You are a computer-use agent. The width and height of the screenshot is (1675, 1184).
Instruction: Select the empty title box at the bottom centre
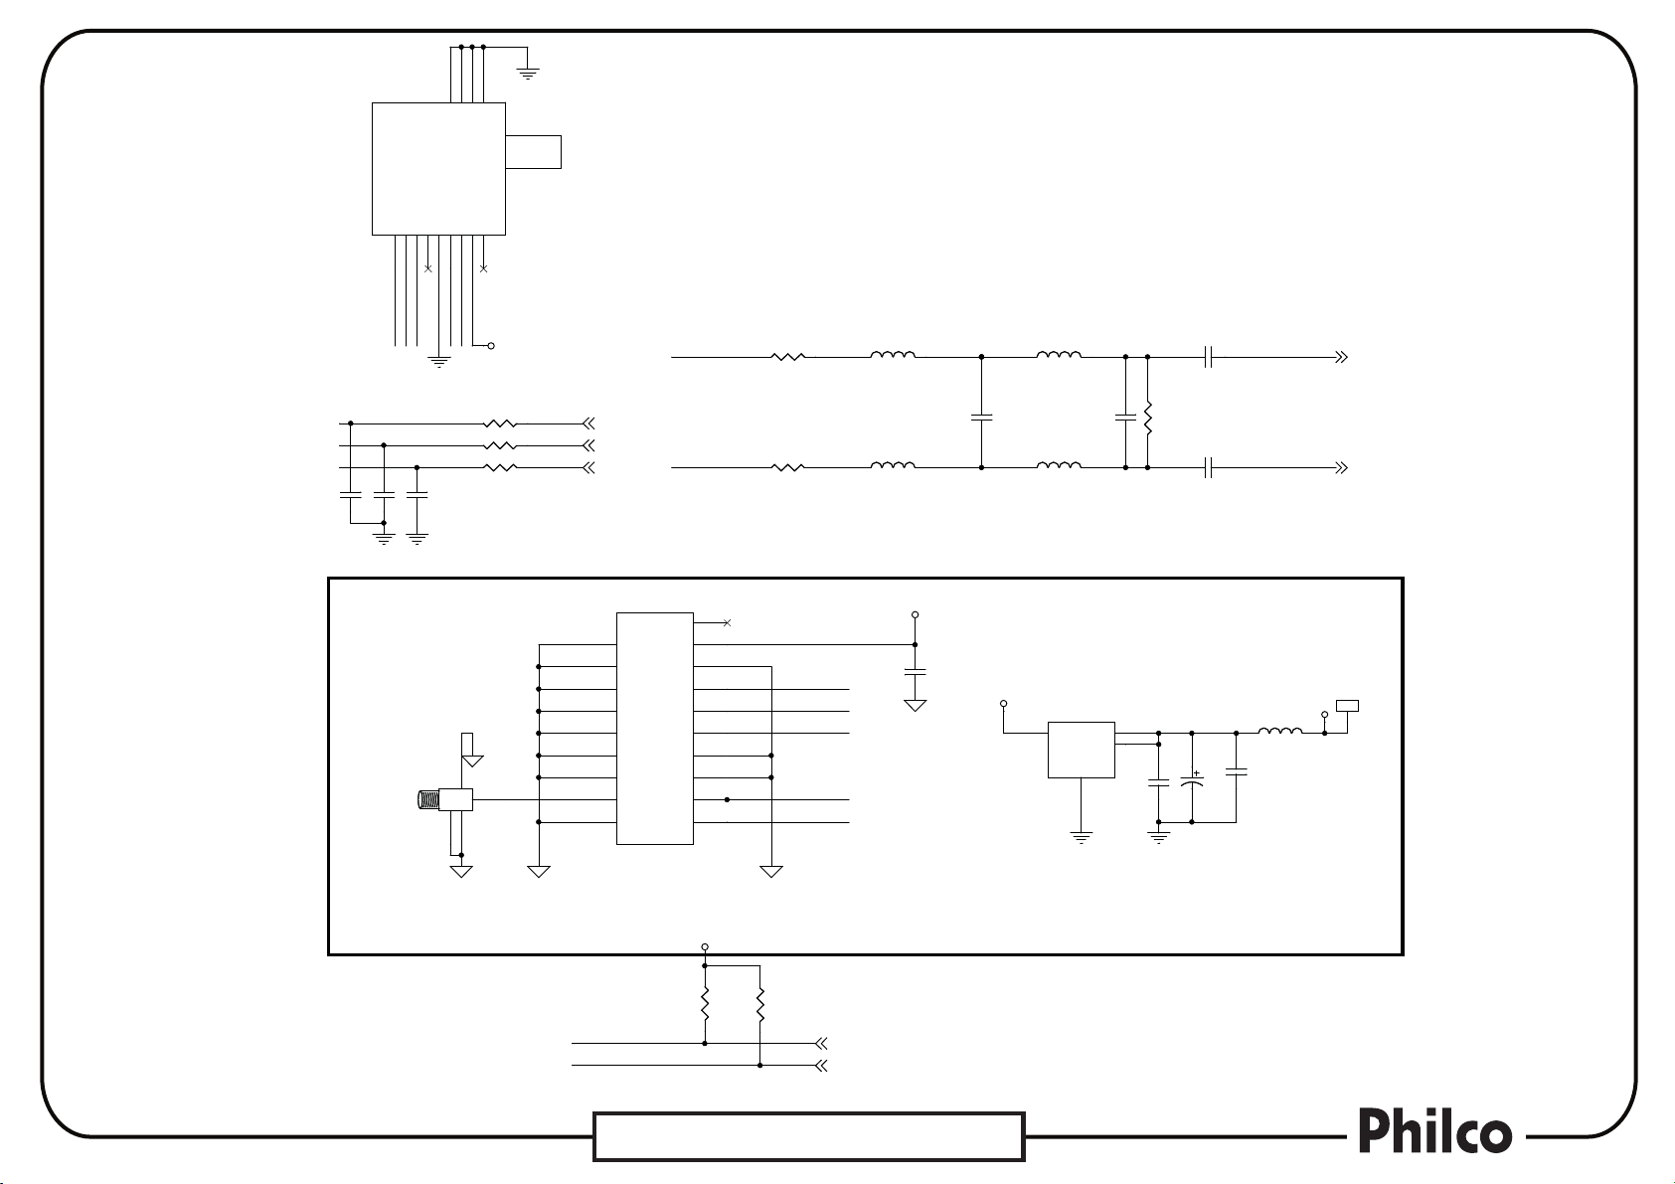coord(808,1136)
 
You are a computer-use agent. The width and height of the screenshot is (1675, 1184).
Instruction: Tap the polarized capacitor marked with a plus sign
coord(1191,782)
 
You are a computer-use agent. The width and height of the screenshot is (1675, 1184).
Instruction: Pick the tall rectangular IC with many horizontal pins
coord(654,729)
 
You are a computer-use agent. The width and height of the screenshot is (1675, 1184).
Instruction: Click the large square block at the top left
coord(438,168)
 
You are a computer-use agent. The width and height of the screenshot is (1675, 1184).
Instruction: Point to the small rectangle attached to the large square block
coord(533,152)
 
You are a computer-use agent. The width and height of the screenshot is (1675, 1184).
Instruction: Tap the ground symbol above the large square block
coord(528,72)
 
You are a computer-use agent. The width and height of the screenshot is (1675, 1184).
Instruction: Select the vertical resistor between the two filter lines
coord(1147,418)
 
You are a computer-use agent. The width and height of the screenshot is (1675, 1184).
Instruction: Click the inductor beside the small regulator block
coord(1280,733)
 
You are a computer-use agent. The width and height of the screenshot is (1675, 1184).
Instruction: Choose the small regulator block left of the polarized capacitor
coord(1081,750)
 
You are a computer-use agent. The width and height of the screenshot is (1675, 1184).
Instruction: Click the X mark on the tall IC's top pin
coord(727,622)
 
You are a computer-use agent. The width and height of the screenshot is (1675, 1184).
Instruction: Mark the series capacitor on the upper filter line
coord(1208,356)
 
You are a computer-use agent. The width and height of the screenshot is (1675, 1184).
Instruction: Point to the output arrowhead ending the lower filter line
coord(1341,466)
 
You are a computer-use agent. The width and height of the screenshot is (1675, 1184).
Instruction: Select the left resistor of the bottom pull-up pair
coord(704,1004)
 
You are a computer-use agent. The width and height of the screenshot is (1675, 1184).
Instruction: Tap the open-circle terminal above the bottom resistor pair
coord(705,947)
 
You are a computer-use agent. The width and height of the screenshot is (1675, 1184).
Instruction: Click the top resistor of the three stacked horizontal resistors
coord(500,423)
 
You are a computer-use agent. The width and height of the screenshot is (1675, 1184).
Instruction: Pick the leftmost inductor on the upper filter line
coord(893,355)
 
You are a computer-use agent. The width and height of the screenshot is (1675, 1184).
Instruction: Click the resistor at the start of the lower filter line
coord(787,466)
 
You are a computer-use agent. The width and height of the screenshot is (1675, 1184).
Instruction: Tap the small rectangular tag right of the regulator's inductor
coord(1348,707)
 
